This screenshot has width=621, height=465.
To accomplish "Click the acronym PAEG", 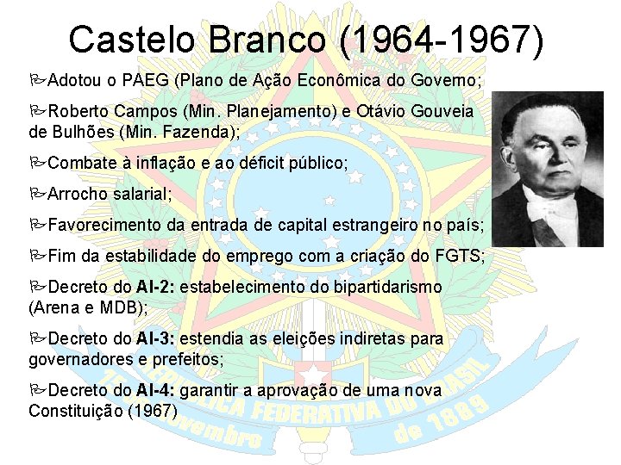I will pos(146,81).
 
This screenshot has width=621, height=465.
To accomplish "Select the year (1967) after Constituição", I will pos(152,410).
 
